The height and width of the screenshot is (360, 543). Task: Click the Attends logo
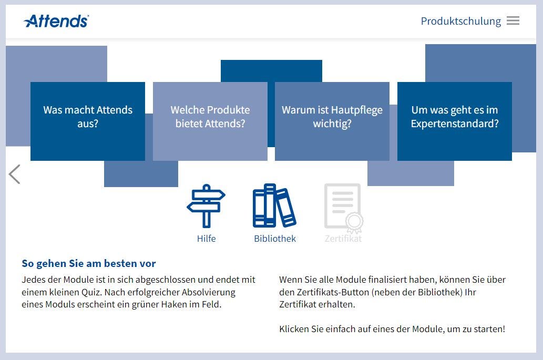(x=56, y=21)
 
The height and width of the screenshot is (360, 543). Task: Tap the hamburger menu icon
(x=513, y=21)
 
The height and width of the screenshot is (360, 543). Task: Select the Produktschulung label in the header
(x=460, y=21)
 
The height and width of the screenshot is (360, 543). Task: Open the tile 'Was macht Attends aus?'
(x=88, y=121)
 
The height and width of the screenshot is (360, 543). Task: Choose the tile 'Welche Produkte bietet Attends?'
(x=210, y=121)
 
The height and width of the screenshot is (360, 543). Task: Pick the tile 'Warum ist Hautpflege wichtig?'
(x=332, y=121)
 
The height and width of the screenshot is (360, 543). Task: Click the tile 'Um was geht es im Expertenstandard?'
(x=454, y=121)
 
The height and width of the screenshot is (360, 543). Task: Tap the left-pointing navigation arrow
(x=14, y=174)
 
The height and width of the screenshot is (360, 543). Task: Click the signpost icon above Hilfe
(x=207, y=206)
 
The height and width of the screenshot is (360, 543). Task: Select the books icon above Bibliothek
(x=274, y=205)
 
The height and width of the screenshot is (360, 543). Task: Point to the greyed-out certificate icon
(x=344, y=207)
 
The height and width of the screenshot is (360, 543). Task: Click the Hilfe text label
(x=206, y=239)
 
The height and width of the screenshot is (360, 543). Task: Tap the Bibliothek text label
(x=275, y=239)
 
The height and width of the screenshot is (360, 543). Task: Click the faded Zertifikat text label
(x=343, y=239)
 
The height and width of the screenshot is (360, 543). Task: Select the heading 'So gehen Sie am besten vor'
(x=89, y=263)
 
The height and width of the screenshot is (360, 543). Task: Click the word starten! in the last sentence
(x=489, y=329)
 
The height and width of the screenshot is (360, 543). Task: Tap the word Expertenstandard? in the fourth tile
(x=455, y=124)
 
